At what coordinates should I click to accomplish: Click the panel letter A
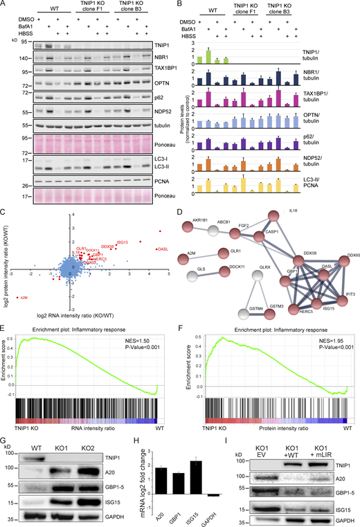pos(5,5)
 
